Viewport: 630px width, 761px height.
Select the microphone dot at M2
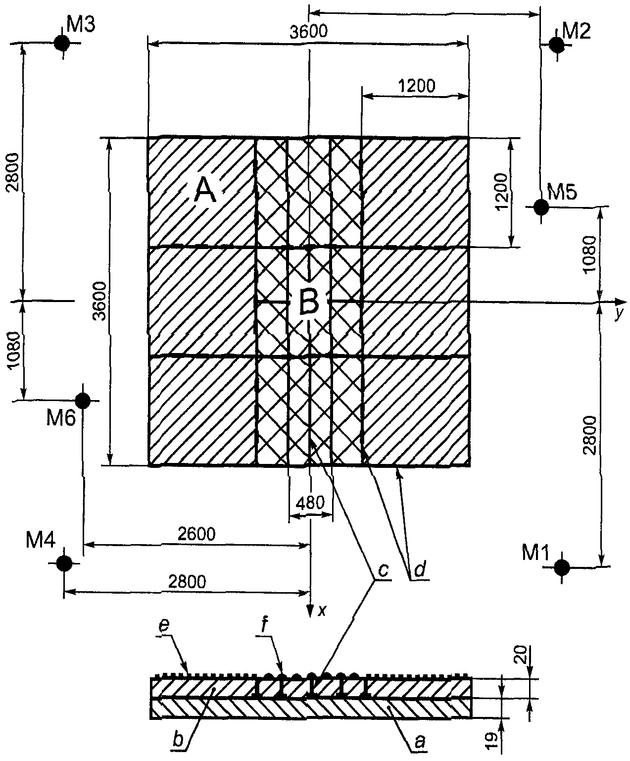(x=556, y=45)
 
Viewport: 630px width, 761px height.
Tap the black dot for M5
(x=541, y=207)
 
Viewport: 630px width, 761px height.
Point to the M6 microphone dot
(x=83, y=401)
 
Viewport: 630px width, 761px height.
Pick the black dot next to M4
(x=64, y=563)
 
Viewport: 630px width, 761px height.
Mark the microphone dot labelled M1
(x=562, y=567)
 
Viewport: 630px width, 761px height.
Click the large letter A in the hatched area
(x=205, y=192)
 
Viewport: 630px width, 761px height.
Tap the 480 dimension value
(x=310, y=504)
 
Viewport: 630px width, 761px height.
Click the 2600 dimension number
(x=196, y=534)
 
